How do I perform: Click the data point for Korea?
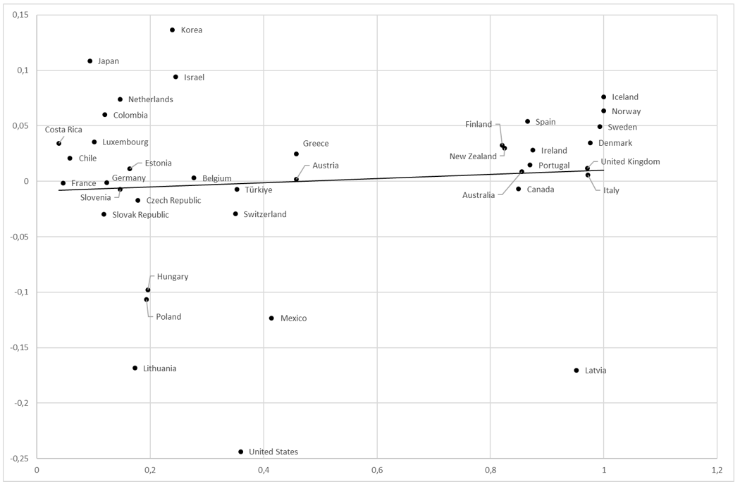point(172,30)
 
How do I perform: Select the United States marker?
point(240,452)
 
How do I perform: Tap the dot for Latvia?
point(576,370)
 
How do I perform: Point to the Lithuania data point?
point(135,368)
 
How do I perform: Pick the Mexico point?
point(271,318)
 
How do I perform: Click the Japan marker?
point(90,61)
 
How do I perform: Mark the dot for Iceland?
point(603,97)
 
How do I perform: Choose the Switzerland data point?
point(235,213)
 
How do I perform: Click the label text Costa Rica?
point(63,130)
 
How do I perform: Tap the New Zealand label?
point(473,156)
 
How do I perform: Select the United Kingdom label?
point(630,161)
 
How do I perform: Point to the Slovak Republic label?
point(140,214)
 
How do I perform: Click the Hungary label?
point(173,276)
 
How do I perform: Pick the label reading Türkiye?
point(259,190)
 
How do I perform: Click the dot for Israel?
point(175,76)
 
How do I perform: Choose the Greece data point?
point(296,154)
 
